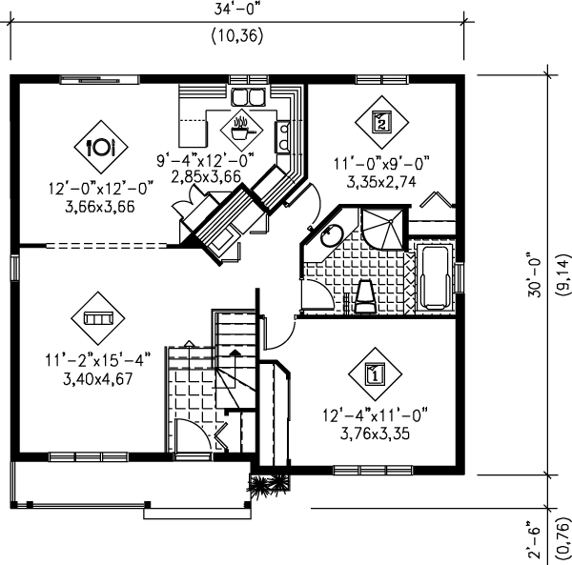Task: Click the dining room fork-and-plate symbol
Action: tap(100, 146)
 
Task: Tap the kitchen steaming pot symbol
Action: tap(242, 125)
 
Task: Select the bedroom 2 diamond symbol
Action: tap(379, 122)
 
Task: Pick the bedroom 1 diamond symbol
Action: tap(375, 373)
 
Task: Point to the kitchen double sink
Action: tap(248, 97)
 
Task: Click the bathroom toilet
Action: tap(365, 296)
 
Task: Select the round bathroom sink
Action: tap(332, 235)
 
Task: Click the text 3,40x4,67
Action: tap(87, 378)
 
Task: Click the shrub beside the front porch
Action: tap(259, 484)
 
